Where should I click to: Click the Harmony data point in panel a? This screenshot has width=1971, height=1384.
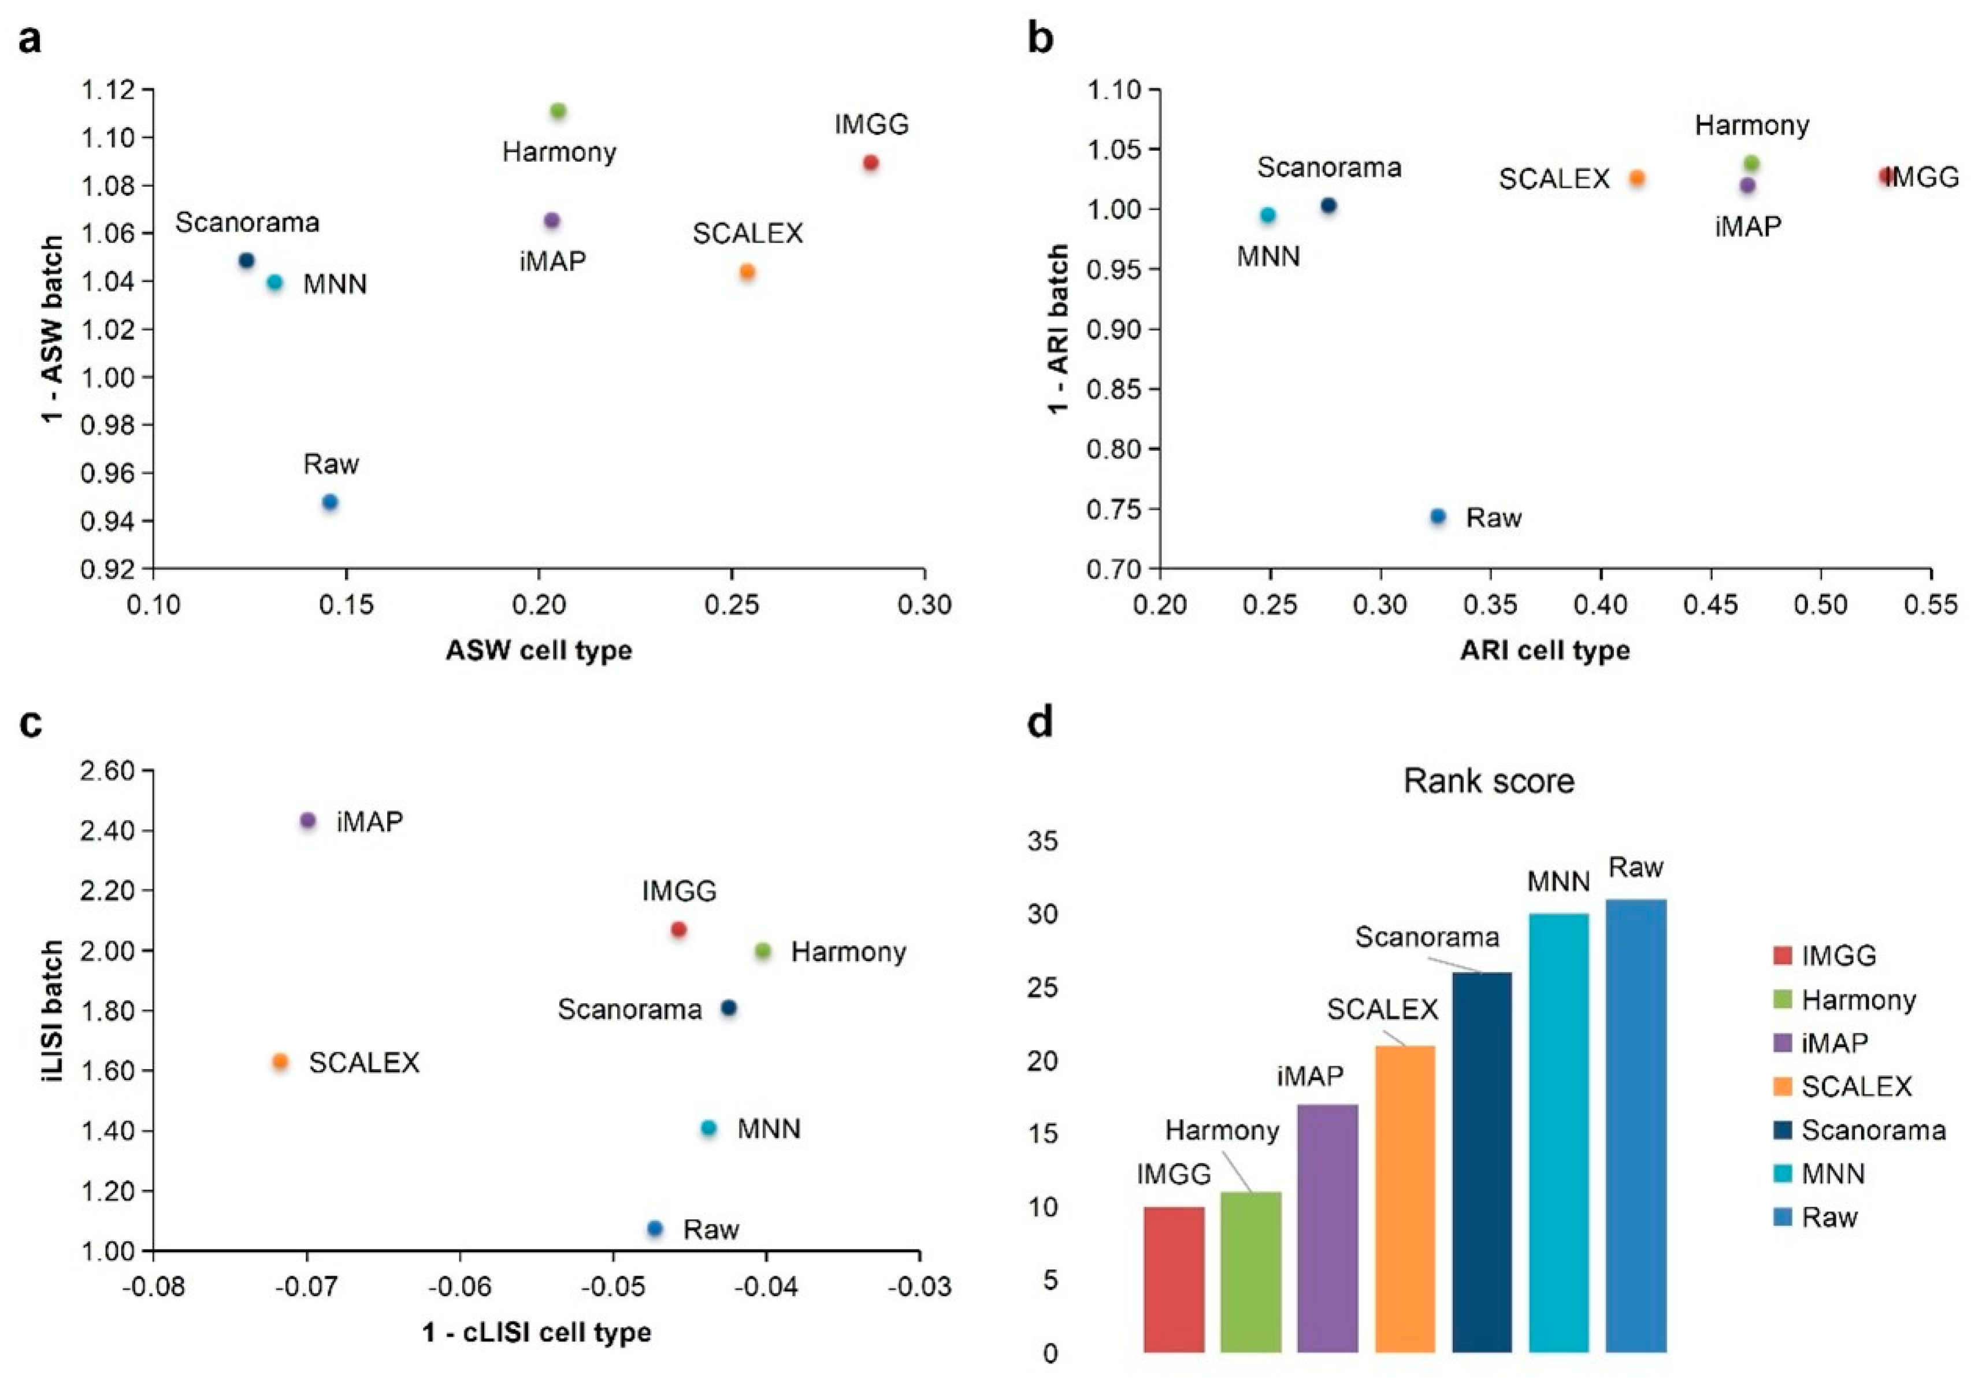point(558,111)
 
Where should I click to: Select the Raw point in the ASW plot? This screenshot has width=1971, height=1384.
point(329,502)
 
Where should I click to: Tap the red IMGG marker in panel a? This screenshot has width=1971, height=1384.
point(870,162)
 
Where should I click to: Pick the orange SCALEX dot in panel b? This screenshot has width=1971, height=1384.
point(1637,179)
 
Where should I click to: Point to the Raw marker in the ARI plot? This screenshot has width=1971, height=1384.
point(1438,517)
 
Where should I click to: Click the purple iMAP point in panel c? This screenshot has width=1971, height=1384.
point(308,821)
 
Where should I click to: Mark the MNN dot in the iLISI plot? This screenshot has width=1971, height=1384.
point(708,1128)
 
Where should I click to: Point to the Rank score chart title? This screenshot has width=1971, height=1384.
point(1489,781)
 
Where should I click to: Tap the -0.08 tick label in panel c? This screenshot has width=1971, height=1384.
point(153,1288)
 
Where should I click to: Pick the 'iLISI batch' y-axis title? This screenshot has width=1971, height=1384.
point(53,1011)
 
